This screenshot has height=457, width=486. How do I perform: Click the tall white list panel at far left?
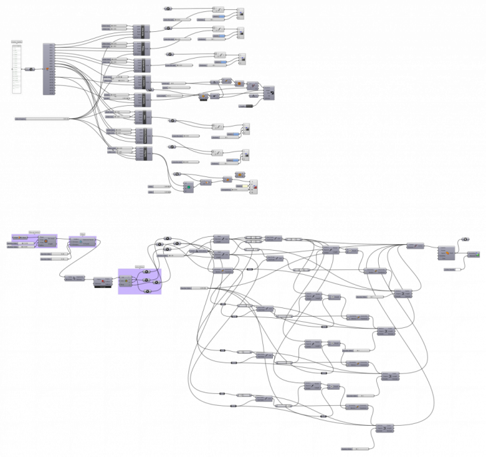pyautogui.click(x=17, y=69)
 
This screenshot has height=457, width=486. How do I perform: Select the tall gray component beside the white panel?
pyautogui.click(x=49, y=69)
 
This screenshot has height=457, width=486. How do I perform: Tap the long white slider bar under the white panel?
pyautogui.click(x=41, y=119)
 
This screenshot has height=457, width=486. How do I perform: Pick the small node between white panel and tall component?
pyautogui.click(x=30, y=69)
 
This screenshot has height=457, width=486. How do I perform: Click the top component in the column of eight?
pyautogui.click(x=141, y=32)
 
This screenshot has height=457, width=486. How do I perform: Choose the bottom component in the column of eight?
pyautogui.click(x=143, y=153)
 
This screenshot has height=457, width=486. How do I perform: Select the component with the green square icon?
pyautogui.click(x=188, y=187)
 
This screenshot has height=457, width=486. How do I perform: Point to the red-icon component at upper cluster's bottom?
pyautogui.click(x=254, y=186)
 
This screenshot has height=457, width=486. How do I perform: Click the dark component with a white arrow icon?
pyautogui.click(x=269, y=93)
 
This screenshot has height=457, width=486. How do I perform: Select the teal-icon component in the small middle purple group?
pyautogui.click(x=83, y=241)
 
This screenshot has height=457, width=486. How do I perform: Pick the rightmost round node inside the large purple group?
pyautogui.click(x=157, y=282)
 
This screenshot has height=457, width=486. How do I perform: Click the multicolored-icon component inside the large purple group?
pyautogui.click(x=124, y=280)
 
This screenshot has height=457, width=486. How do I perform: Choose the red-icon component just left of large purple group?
pyautogui.click(x=103, y=281)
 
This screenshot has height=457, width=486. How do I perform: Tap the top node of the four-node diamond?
pyautogui.click(x=168, y=238)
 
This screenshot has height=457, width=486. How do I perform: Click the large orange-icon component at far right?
pyautogui.click(x=446, y=253)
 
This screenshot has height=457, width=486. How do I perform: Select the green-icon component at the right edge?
pyautogui.click(x=473, y=254)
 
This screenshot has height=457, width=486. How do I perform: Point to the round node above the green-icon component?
pyautogui.click(x=465, y=239)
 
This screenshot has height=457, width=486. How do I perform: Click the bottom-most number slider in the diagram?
pyautogui.click(x=354, y=449)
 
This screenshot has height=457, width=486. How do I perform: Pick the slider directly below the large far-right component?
pyautogui.click(x=452, y=269)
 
